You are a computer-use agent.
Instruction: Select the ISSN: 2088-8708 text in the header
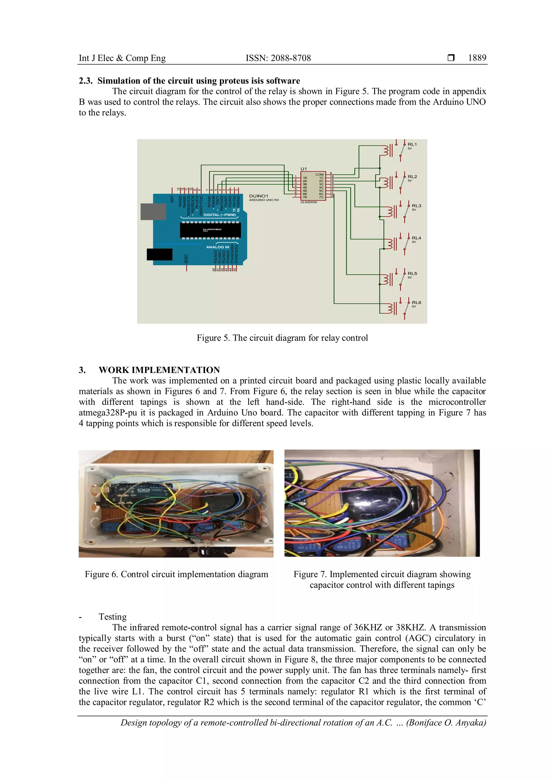point(278,58)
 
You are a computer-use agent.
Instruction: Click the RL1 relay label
point(412,144)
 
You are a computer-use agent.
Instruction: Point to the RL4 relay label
point(416,238)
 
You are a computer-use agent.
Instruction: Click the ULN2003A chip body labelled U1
point(313,186)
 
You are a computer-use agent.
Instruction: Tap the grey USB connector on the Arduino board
point(153,212)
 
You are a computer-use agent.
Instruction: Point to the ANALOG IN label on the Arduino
point(218,247)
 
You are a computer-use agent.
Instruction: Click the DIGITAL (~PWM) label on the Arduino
point(220,215)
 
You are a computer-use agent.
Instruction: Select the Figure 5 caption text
point(282,338)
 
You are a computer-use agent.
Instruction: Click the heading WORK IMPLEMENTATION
point(159,370)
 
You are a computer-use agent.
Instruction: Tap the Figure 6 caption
point(177,574)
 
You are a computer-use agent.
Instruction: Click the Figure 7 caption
point(382,579)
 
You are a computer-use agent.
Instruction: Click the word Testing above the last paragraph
point(112,617)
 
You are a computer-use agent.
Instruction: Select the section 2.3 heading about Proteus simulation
point(189,81)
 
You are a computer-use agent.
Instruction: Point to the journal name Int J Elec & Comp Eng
point(122,58)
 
